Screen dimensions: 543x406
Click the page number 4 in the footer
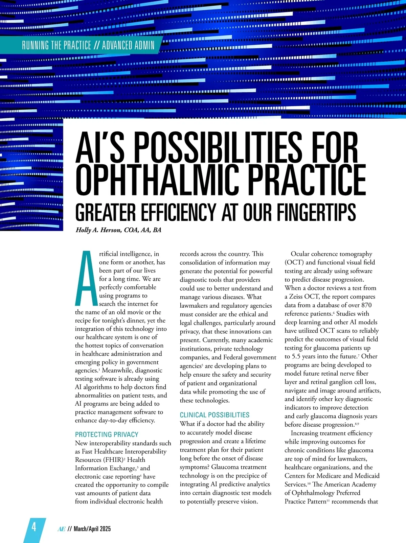pos(34,527)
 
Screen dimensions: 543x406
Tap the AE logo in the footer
pos(62,529)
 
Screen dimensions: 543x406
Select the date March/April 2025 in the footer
pos(92,529)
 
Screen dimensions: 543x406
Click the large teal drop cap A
pos(86,278)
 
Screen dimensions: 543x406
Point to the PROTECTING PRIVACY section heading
pos(107,434)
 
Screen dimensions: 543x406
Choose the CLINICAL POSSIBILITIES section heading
pos(215,415)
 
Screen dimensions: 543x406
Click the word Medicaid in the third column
pos(367,476)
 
